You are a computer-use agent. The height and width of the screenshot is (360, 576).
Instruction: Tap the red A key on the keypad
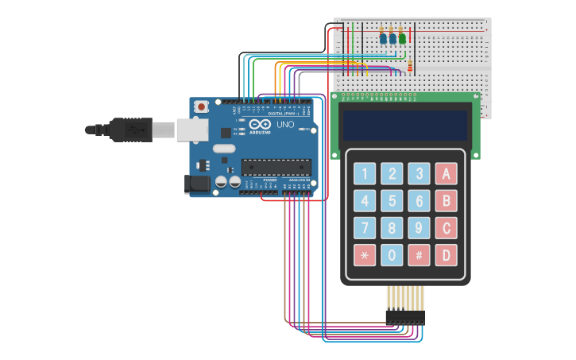point(446,173)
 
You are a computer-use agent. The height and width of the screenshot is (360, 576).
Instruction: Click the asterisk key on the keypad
point(365,255)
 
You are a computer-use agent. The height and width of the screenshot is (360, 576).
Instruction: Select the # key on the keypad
point(419,255)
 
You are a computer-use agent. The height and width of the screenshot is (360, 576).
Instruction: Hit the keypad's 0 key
point(392,255)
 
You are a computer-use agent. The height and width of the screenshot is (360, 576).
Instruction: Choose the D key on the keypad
point(446,255)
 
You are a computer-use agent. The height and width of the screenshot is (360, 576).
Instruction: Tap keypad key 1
point(365,173)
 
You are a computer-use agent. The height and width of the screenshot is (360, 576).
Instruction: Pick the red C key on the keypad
point(446,228)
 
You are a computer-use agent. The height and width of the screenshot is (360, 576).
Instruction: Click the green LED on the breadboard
point(402,38)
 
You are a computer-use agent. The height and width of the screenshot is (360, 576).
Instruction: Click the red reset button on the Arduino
point(202,106)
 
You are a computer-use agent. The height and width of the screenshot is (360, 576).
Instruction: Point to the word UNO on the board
point(285,125)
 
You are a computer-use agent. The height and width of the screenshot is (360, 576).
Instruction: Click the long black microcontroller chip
point(276,167)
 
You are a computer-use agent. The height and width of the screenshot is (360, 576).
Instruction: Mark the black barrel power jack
point(196,184)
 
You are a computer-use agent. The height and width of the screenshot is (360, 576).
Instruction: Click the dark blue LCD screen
point(404,124)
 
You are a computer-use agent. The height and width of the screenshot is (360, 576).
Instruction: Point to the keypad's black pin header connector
point(405,317)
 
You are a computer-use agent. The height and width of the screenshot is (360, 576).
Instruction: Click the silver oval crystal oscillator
point(224,149)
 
